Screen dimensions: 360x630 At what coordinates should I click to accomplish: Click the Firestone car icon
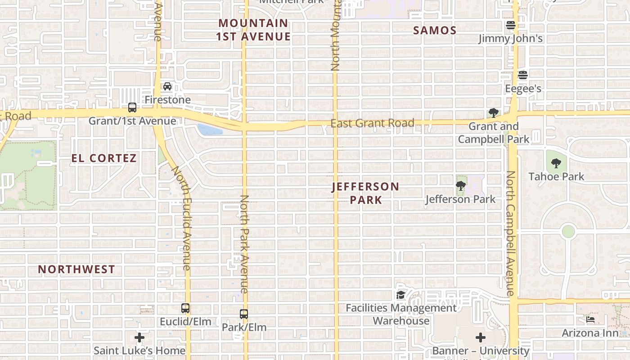pos(167,86)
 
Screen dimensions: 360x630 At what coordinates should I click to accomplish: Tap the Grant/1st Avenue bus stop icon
pos(132,108)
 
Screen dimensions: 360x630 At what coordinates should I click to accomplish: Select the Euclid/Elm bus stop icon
pos(185,308)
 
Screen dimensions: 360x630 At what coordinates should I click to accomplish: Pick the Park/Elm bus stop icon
pos(244,314)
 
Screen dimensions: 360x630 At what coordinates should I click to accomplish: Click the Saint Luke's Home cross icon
pos(139,337)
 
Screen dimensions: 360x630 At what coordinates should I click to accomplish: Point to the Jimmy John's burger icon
pos(510,25)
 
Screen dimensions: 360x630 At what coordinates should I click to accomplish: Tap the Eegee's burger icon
pos(522,75)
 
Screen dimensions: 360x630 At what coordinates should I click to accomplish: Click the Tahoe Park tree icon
pos(556,163)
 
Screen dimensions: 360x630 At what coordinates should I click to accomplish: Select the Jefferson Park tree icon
pos(460,185)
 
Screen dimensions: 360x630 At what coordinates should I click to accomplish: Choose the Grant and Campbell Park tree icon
pos(494,112)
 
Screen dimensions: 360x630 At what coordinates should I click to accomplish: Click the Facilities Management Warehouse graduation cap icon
pos(400,295)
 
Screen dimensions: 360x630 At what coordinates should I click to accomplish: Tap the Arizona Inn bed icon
pos(590,319)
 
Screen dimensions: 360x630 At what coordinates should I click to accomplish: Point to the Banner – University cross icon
pos(481,337)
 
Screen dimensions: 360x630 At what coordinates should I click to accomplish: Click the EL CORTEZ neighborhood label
pos(104,158)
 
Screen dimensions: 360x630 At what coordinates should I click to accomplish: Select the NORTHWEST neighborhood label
pos(76,270)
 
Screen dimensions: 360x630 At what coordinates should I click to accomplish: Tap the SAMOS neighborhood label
pos(435,31)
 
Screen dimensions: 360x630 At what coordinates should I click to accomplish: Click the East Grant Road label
pos(372,123)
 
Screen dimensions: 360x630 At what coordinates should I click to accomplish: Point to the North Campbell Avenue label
pos(510,233)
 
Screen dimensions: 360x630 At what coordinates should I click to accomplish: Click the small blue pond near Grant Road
pos(209,130)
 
